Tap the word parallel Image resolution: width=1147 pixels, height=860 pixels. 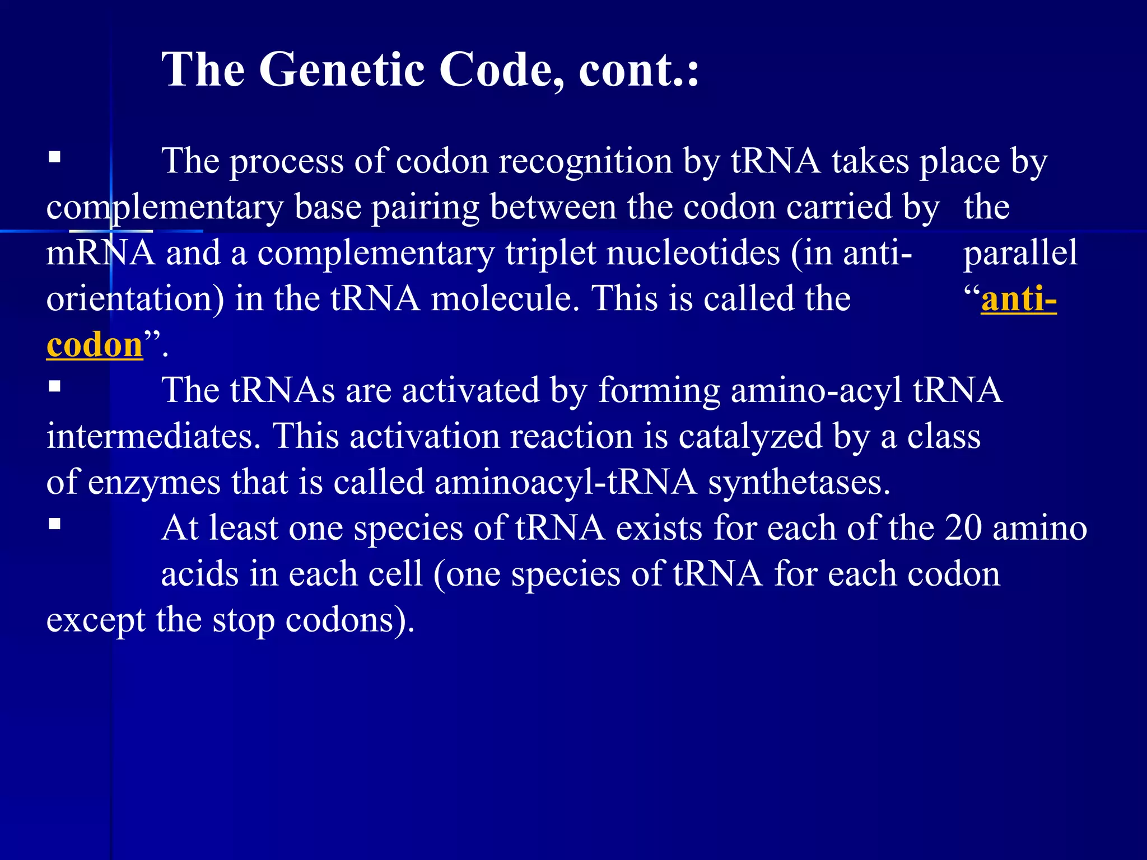coord(1020,253)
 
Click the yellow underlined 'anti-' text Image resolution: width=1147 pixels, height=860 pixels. coord(1018,299)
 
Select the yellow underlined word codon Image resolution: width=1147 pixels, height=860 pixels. coord(95,345)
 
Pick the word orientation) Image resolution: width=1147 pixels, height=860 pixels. coord(135,299)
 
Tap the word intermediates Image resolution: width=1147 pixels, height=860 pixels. coord(150,436)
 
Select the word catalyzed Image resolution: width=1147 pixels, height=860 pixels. coord(750,436)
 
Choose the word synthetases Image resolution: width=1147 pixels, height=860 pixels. coord(799,482)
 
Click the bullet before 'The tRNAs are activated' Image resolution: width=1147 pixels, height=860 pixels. coord(54,386)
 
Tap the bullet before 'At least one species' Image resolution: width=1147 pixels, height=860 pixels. coord(54,524)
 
